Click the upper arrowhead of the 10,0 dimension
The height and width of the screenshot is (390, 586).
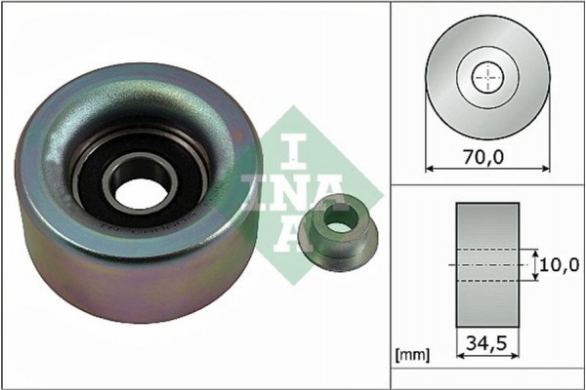point(536,251)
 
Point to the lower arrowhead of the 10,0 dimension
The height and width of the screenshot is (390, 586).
point(536,279)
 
